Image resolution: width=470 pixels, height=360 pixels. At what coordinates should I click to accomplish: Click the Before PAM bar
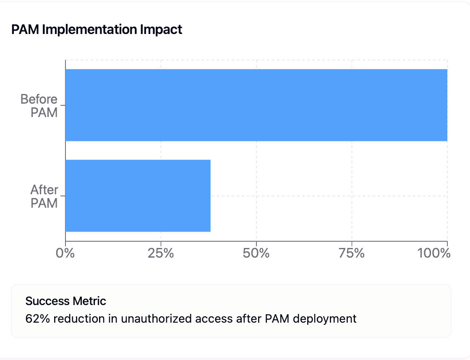click(x=256, y=105)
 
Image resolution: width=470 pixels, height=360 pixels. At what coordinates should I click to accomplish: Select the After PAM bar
click(x=138, y=196)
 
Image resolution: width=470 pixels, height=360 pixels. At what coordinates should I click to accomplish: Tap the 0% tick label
click(x=65, y=253)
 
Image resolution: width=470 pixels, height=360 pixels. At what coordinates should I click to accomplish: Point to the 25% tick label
click(x=161, y=253)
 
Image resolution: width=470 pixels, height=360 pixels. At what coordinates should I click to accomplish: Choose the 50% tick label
click(x=256, y=253)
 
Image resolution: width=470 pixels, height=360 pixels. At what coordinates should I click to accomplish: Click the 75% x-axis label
click(x=351, y=253)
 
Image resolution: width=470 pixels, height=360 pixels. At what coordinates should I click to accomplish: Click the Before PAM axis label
click(x=39, y=105)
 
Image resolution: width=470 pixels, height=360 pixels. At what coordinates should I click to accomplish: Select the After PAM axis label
click(x=44, y=196)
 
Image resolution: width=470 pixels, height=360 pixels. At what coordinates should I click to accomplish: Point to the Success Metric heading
click(x=66, y=301)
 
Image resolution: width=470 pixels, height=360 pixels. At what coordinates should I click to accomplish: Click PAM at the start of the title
click(x=22, y=30)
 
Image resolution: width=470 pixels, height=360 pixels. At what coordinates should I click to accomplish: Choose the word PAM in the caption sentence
click(x=277, y=318)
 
